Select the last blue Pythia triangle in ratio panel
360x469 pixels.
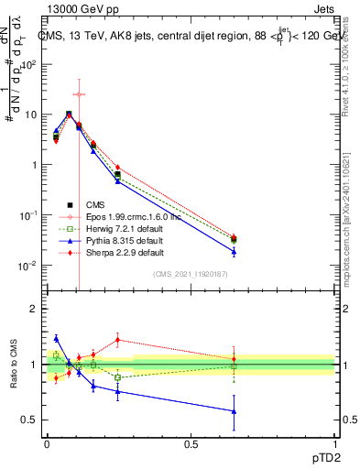pyautogui.click(x=234, y=411)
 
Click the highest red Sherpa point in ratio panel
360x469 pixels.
pyautogui.click(x=117, y=340)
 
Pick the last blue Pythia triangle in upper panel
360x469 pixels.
pyautogui.click(x=234, y=251)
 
